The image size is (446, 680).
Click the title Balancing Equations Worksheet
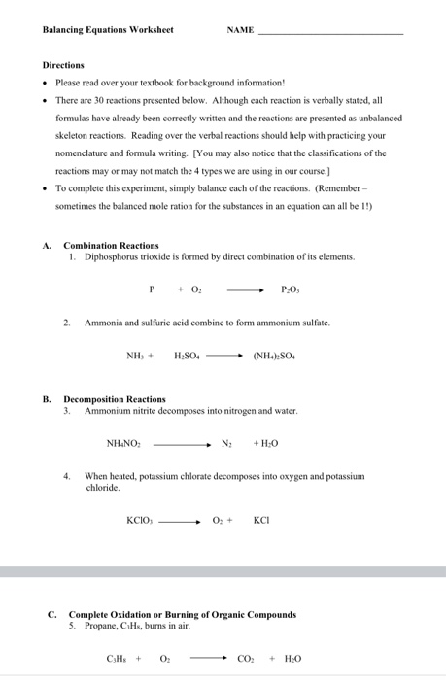point(108,30)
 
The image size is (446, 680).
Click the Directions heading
point(63,65)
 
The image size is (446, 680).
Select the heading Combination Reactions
point(111,245)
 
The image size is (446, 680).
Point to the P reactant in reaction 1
point(152,289)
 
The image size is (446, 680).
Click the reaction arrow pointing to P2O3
point(245,289)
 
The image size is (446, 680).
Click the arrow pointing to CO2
point(209,658)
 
